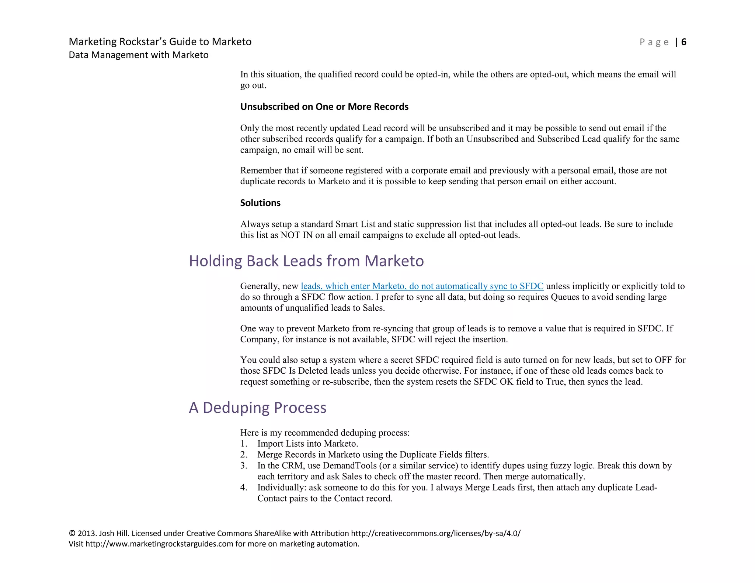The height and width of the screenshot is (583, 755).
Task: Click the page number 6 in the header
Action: (684, 42)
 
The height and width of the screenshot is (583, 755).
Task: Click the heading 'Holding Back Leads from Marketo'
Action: (306, 261)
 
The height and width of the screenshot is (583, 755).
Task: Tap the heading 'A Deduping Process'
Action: (258, 408)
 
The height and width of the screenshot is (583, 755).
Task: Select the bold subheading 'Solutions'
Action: (260, 203)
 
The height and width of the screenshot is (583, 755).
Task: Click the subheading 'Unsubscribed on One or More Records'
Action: (324, 107)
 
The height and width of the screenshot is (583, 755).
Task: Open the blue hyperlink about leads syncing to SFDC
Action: (422, 286)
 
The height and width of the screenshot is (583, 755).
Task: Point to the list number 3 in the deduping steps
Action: (243, 465)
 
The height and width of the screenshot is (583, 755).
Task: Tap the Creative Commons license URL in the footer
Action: (436, 533)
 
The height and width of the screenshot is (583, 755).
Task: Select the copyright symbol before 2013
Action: (72, 533)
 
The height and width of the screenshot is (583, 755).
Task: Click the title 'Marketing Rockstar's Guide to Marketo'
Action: (160, 42)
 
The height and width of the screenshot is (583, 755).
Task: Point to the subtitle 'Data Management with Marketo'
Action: (139, 55)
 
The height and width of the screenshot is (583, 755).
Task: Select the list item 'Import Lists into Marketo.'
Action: (307, 444)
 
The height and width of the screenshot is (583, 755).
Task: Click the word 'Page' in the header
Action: (654, 42)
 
